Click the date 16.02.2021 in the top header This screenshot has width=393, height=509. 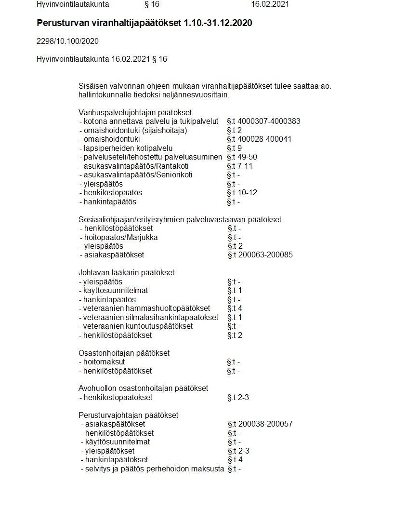(270, 4)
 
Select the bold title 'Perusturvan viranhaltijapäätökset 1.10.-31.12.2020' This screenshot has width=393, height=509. (144, 23)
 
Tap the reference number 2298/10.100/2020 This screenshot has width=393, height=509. (67, 41)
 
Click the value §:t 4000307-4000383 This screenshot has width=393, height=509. (263, 121)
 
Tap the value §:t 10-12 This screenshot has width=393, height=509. (242, 193)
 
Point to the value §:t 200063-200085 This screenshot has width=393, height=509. (260, 255)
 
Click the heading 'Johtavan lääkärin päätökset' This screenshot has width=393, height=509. (126, 273)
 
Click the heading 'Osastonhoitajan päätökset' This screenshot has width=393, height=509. (124, 353)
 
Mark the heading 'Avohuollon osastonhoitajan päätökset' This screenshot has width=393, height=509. (143, 388)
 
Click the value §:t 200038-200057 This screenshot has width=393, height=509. (260, 424)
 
